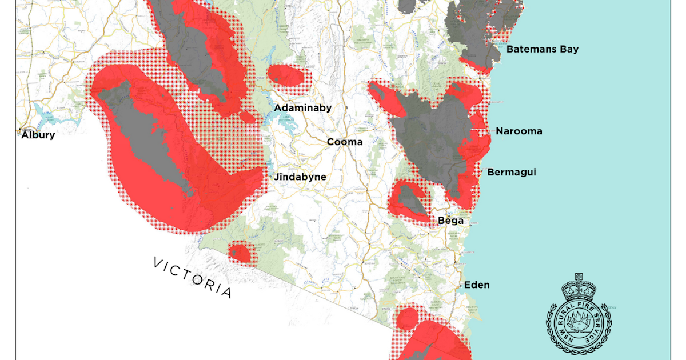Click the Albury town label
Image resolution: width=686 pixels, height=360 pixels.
click(38, 135)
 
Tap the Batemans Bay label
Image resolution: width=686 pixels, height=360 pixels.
click(543, 49)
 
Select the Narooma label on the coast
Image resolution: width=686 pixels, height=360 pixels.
click(519, 131)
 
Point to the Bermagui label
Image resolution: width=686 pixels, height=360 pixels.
click(511, 172)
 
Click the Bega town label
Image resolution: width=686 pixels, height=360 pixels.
click(450, 220)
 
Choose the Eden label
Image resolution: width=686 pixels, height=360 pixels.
click(477, 285)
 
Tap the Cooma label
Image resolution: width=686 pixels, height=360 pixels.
click(345, 142)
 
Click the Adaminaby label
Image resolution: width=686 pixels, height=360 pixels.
click(302, 107)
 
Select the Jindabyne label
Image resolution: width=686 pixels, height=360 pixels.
click(300, 177)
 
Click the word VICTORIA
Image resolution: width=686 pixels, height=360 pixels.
click(193, 278)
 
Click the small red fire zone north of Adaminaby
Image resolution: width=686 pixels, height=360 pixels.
click(286, 76)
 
